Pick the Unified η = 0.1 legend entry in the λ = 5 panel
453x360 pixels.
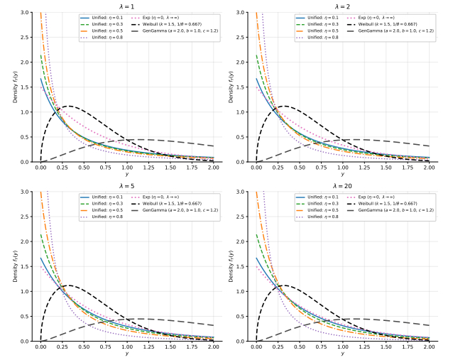point(102,197)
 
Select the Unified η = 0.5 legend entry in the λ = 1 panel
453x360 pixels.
point(102,31)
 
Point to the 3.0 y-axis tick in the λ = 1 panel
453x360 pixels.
point(26,13)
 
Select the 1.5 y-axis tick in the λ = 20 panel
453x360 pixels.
point(241,266)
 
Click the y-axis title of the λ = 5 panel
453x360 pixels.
point(14,266)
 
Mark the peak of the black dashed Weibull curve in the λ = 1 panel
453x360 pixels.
point(67,107)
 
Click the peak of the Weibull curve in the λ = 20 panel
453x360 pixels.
point(282,285)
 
